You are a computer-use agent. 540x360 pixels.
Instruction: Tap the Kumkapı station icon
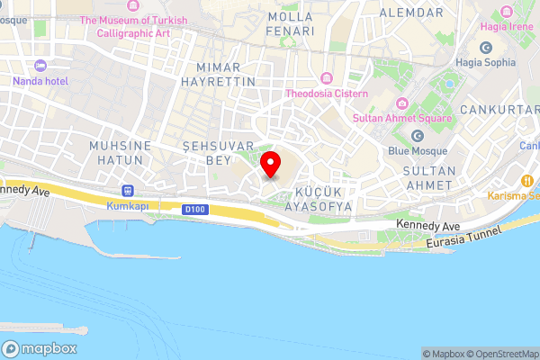tap(128, 191)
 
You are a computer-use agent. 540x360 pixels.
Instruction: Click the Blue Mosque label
tap(418, 152)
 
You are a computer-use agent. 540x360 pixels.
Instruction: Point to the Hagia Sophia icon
tap(486, 47)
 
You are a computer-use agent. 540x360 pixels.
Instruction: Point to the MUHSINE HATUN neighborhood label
tap(116, 152)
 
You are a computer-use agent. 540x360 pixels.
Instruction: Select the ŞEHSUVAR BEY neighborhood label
tap(208, 152)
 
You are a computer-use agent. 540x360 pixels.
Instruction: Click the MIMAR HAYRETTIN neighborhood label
tap(225, 74)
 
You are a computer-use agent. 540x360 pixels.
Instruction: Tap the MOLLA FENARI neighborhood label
tap(292, 23)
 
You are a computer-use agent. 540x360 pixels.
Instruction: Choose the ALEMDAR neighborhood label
tap(411, 13)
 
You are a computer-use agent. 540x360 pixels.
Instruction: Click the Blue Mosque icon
tap(417, 136)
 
